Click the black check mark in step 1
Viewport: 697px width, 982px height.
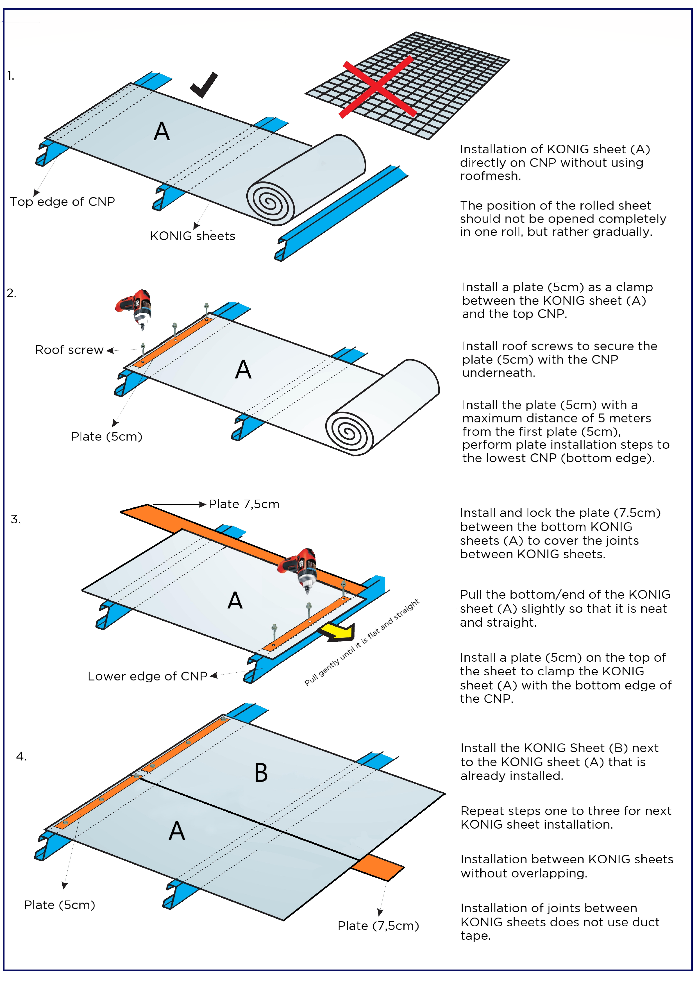pos(204,85)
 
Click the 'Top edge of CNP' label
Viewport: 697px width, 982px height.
pos(62,202)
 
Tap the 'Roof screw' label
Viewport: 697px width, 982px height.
pos(69,350)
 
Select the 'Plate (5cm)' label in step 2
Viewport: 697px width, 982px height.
pos(106,437)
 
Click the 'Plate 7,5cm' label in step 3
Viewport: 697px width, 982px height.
pos(244,504)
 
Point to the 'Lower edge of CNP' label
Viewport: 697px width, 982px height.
pos(147,676)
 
